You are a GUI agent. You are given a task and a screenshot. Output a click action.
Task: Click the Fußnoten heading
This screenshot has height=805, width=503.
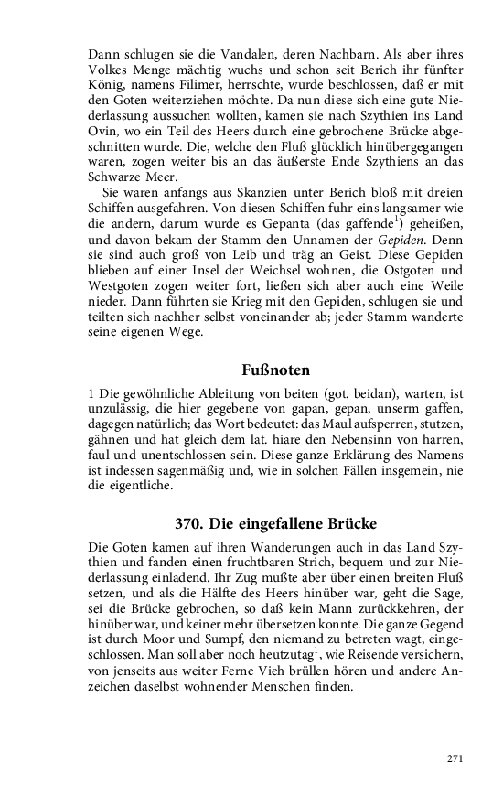275,370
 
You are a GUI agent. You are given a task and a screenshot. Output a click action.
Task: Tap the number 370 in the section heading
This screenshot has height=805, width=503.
189,525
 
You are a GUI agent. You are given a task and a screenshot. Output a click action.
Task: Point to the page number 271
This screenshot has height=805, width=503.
455,758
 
